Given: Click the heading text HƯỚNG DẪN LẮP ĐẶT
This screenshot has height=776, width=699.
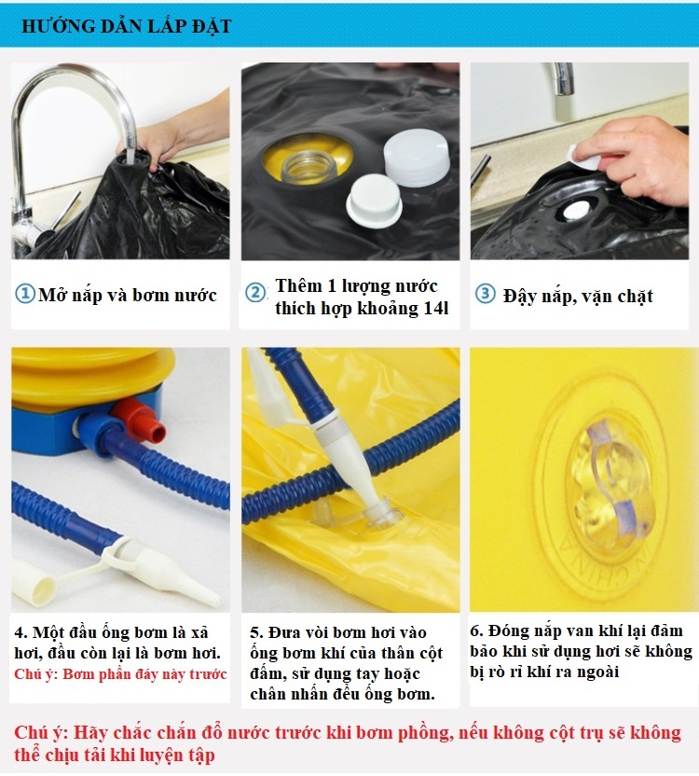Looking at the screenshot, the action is click(126, 26).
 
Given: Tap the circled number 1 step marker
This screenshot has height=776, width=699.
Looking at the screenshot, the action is click(25, 294).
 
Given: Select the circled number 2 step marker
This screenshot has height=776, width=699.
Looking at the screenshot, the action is click(255, 293).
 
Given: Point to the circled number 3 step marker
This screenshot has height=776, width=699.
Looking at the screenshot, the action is click(485, 294).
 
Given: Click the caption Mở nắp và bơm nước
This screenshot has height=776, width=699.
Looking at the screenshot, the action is click(128, 295).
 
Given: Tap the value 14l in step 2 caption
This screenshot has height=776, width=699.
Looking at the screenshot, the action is click(436, 309).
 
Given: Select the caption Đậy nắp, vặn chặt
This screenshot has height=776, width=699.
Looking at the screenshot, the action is click(578, 296).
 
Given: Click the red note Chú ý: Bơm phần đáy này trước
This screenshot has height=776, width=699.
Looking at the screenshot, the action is click(120, 674).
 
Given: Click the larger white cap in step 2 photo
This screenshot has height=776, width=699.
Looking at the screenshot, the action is click(417, 157).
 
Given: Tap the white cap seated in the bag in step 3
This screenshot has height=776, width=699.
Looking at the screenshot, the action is click(578, 212).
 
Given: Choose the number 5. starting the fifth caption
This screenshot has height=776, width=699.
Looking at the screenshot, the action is click(256, 632).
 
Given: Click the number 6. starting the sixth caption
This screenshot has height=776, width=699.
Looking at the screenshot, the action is click(476, 631).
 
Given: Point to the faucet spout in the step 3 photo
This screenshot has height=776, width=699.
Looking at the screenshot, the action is click(563, 78).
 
